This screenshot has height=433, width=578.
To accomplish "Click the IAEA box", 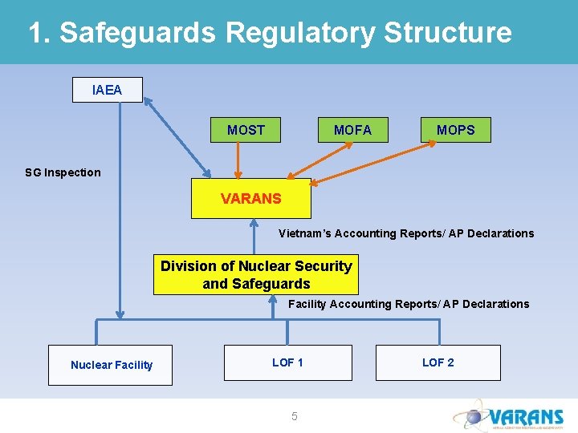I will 108,90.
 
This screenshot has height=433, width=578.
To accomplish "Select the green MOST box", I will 246,130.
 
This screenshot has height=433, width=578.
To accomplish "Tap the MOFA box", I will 352,130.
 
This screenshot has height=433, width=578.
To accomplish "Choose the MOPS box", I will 455,130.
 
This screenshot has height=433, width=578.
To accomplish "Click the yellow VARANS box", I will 250,198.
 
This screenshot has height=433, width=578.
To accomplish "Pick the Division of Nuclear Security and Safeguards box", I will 256,275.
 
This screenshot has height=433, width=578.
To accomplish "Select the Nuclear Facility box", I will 111,365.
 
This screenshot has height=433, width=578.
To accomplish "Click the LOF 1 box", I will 287,362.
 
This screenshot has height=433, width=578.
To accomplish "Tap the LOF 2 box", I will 438,362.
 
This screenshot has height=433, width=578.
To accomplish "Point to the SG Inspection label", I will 63,172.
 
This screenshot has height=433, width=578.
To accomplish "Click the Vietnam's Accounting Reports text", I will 405,233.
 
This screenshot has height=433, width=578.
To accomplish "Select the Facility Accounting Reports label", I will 408,304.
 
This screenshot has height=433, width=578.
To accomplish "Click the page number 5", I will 294,416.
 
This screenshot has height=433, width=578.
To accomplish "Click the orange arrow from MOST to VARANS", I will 237,160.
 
